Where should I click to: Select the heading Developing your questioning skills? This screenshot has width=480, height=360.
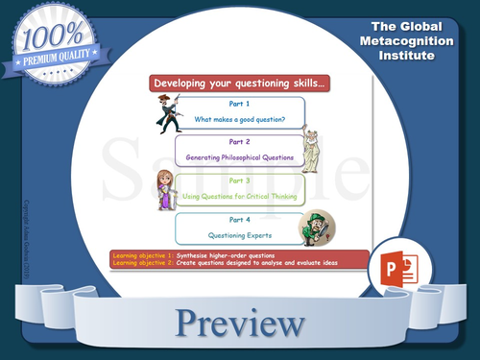tap(239, 84)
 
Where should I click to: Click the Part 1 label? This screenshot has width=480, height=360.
tap(240, 104)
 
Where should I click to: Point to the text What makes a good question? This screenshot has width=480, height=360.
tap(240, 119)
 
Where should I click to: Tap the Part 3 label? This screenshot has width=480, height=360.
tap(240, 180)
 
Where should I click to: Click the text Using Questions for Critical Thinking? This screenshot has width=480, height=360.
tap(240, 196)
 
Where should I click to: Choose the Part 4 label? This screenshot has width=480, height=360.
tap(240, 219)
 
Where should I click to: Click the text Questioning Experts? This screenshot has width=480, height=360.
tap(240, 234)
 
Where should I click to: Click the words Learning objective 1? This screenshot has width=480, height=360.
tap(143, 255)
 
